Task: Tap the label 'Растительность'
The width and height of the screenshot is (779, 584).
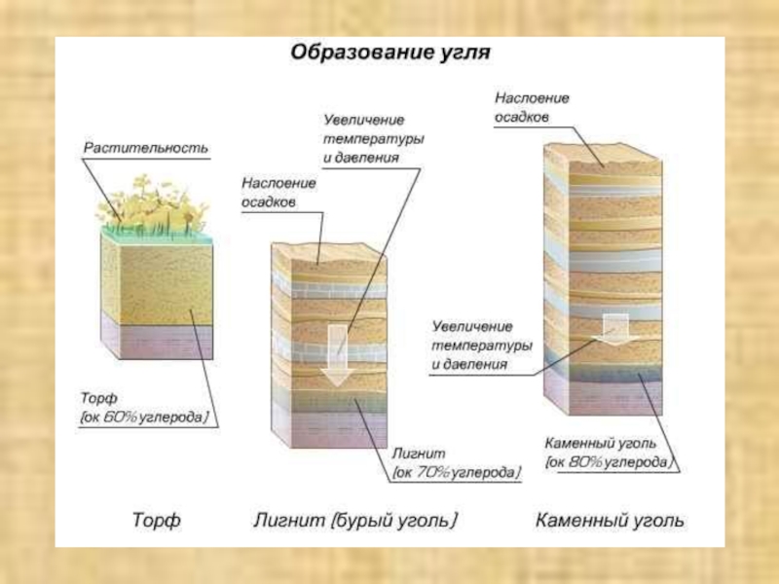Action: (145, 148)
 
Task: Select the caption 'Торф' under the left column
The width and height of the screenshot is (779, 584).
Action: (156, 521)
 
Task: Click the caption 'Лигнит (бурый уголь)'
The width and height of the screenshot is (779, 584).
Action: (355, 521)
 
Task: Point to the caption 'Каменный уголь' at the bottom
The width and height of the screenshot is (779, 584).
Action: (610, 521)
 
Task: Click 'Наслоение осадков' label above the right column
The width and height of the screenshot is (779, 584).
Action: (532, 107)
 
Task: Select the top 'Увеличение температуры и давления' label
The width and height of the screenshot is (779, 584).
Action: (373, 136)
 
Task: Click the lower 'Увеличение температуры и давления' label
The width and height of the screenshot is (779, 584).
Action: (482, 345)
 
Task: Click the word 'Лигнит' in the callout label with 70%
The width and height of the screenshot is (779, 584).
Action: (418, 455)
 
